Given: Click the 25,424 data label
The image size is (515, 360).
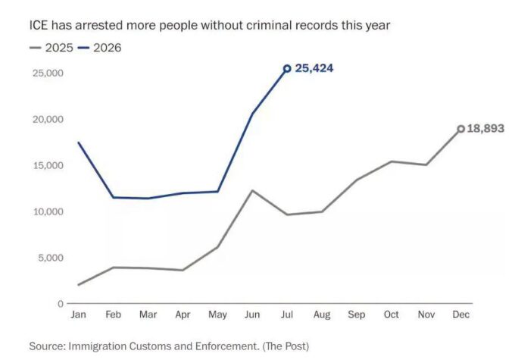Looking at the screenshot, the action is pyautogui.click(x=314, y=68).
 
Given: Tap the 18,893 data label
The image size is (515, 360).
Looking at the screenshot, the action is pyautogui.click(x=485, y=128).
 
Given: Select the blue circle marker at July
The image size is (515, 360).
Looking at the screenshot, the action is pyautogui.click(x=287, y=68).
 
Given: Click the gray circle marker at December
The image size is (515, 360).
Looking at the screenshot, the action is pyautogui.click(x=461, y=129).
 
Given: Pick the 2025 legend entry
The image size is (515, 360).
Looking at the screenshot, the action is pyautogui.click(x=51, y=48).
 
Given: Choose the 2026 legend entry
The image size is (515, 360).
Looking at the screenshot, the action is pyautogui.click(x=99, y=48).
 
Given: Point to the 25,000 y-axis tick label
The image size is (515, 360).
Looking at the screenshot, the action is pyautogui.click(x=48, y=73).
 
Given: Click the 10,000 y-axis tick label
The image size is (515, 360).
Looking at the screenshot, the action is pyautogui.click(x=48, y=211).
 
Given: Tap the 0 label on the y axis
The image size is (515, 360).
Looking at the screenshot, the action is pyautogui.click(x=61, y=304).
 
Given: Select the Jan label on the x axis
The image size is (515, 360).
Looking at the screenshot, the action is pyautogui.click(x=78, y=315).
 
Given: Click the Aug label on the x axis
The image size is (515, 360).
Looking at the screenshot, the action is pyautogui.click(x=322, y=315).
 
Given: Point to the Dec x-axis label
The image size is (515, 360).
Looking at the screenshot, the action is pyautogui.click(x=460, y=315).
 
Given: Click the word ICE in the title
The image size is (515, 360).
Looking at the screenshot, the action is pyautogui.click(x=39, y=25).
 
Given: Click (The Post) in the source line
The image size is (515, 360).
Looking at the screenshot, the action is pyautogui.click(x=286, y=346).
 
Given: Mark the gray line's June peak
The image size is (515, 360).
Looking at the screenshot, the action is pyautogui.click(x=252, y=190).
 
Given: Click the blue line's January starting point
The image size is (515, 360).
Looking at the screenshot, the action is pyautogui.click(x=78, y=142).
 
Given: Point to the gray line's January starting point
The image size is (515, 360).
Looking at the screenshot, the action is pyautogui.click(x=78, y=285).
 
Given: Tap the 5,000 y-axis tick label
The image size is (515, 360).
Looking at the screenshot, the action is pyautogui.click(x=51, y=258).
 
